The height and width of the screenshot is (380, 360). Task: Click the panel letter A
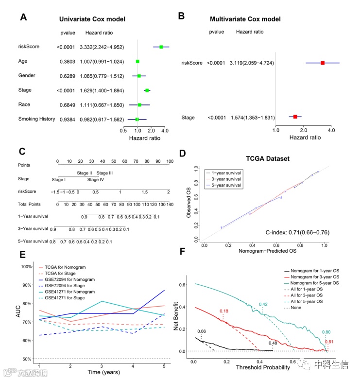point(23,17)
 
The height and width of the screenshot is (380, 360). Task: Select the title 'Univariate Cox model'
point(92,19)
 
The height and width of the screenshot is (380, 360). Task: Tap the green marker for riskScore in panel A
point(161,47)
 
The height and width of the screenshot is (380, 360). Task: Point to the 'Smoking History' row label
point(36,119)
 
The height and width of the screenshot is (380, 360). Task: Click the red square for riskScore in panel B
point(322,63)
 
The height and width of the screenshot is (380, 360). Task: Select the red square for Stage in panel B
point(295,117)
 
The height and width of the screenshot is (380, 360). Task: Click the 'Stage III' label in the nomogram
point(104,173)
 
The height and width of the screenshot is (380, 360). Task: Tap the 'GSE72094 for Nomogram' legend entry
point(71,279)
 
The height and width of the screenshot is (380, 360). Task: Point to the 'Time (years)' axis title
point(104,373)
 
